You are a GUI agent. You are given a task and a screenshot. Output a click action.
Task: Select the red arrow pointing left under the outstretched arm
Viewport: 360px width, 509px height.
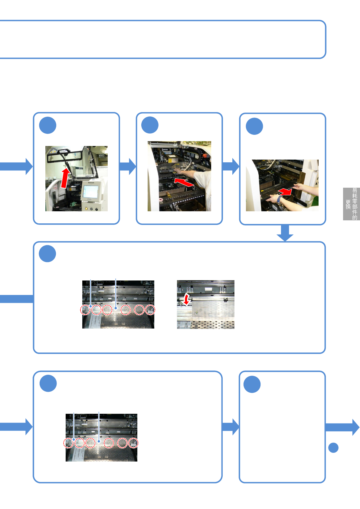(x=184, y=182)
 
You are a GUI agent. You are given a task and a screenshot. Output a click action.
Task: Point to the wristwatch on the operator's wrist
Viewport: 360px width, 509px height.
(x=279, y=199)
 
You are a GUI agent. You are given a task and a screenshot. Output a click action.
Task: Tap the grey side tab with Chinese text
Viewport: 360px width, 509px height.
(x=351, y=204)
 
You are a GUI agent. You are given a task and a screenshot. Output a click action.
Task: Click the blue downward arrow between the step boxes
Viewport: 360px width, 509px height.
(x=285, y=233)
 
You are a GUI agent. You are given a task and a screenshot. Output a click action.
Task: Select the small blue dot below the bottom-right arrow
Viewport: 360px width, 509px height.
(x=333, y=448)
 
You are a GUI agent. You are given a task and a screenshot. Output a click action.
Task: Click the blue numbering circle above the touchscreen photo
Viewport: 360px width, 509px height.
(x=48, y=125)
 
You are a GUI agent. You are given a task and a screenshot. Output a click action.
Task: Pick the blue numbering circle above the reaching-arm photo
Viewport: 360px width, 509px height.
(x=150, y=125)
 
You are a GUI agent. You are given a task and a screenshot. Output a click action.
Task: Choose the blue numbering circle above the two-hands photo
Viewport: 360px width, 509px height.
(x=254, y=126)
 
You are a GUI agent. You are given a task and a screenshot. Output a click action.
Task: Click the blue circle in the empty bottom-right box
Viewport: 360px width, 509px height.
(x=252, y=384)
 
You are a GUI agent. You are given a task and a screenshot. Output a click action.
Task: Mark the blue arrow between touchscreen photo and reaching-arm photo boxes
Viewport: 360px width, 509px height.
(x=128, y=166)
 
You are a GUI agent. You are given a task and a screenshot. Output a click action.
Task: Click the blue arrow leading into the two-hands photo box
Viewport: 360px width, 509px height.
(x=231, y=166)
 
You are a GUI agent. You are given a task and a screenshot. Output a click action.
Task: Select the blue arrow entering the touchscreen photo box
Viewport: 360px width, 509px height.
(x=17, y=166)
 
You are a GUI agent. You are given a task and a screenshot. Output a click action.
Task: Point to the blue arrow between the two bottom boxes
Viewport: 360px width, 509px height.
(x=231, y=427)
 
